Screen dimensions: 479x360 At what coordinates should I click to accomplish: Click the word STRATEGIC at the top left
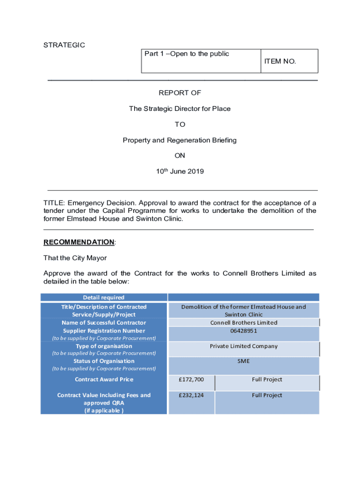pos(64,45)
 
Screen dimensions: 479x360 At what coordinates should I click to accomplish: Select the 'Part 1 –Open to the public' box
pos(187,54)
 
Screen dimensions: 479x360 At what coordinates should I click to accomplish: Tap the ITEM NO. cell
pos(280,61)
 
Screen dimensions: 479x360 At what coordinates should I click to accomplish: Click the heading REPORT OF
pos(180,93)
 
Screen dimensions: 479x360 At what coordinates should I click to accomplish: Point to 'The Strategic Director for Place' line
pos(180,109)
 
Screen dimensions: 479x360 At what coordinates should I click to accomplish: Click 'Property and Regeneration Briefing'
pos(180,140)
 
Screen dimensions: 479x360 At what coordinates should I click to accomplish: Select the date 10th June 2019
pos(180,171)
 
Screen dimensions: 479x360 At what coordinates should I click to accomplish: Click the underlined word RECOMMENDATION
pos(79,242)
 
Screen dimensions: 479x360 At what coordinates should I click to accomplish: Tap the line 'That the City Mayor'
pos(75,258)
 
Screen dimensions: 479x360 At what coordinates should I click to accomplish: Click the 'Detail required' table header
pos(104,298)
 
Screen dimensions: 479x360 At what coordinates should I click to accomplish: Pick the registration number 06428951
pos(244,331)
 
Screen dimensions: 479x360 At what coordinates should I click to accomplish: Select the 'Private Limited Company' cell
pos(244,346)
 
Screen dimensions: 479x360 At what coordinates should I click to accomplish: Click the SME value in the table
pos(244,361)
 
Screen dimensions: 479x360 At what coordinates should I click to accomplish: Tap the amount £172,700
pos(192,379)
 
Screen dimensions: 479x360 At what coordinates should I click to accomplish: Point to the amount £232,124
pos(192,395)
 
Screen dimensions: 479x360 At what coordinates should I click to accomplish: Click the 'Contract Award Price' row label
pos(104,379)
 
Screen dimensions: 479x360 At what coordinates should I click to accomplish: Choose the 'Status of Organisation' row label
pos(104,361)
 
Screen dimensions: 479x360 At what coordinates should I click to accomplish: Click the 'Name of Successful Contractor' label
pos(104,323)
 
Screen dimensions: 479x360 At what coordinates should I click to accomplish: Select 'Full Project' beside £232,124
pos(267,395)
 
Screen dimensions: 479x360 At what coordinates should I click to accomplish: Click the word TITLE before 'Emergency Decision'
pos(53,203)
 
